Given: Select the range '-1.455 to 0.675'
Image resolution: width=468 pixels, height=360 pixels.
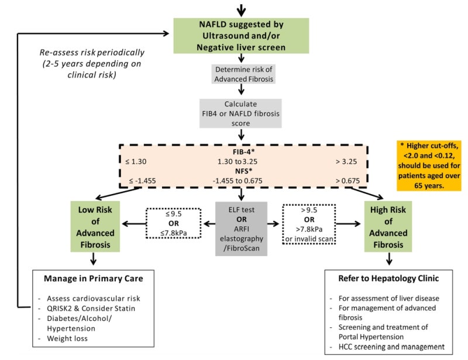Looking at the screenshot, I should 241,180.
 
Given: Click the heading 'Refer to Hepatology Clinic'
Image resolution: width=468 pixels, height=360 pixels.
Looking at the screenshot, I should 387,279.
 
